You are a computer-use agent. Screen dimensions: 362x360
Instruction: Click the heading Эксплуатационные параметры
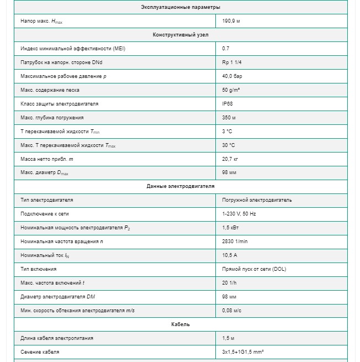click(180, 7)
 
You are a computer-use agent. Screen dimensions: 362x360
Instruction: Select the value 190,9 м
click(231, 21)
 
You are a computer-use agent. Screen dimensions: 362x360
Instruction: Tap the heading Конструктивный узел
click(180, 35)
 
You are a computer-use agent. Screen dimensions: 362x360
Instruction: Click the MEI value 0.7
click(226, 49)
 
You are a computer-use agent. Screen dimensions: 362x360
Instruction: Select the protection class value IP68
click(227, 104)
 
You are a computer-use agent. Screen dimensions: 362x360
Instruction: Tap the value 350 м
click(229, 118)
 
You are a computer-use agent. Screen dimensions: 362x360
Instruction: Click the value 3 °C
click(227, 132)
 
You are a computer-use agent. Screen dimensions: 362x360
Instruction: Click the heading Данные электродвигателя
click(180, 186)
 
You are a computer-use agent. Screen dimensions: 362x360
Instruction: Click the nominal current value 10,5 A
click(230, 255)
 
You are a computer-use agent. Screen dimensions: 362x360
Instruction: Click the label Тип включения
click(39, 269)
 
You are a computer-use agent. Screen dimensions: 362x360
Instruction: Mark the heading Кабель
click(180, 324)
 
